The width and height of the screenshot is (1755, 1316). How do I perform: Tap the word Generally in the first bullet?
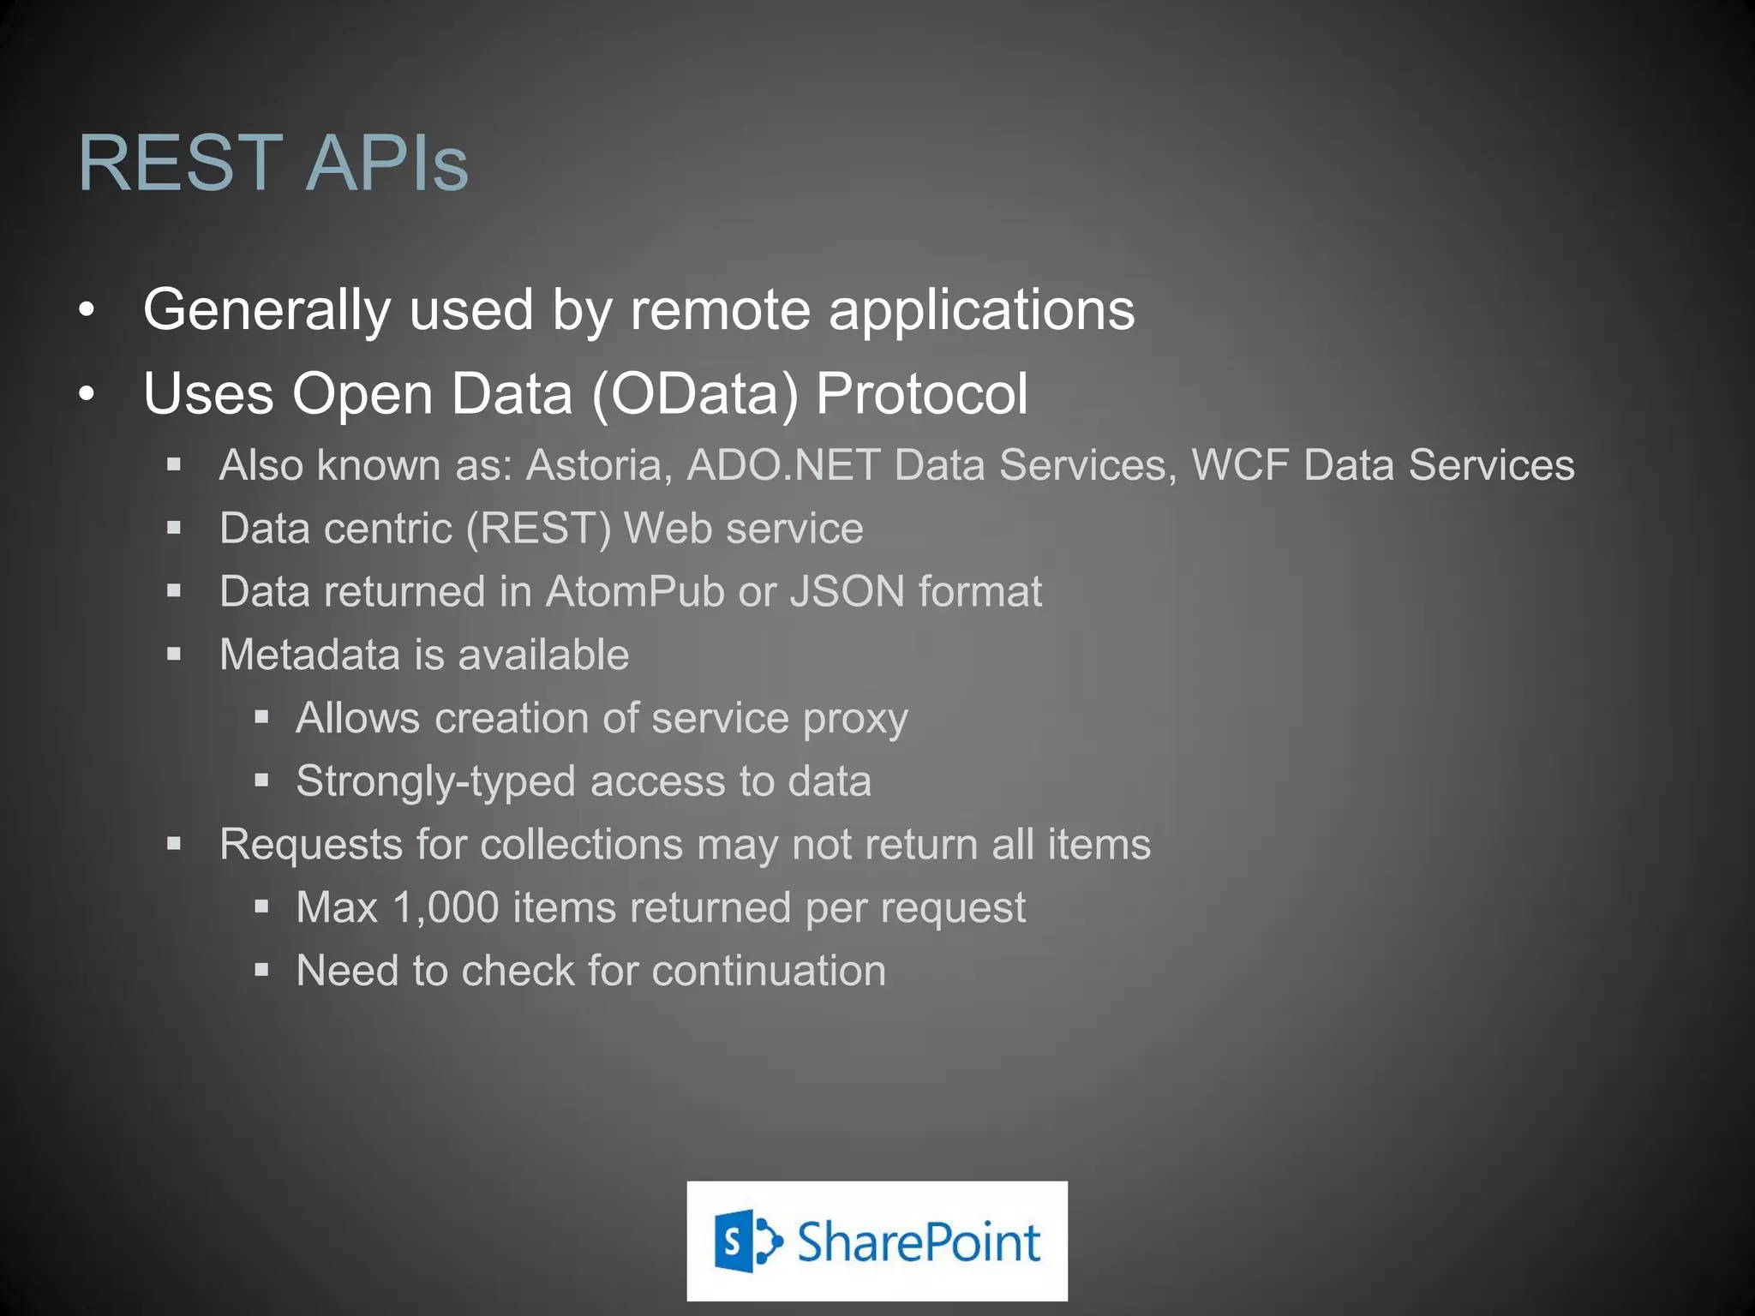pos(266,310)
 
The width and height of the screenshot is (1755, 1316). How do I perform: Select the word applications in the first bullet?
pos(981,310)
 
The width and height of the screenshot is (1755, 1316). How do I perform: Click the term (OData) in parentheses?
pos(695,394)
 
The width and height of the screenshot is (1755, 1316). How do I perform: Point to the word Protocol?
pos(921,394)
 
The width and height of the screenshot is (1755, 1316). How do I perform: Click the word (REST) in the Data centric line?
pos(538,529)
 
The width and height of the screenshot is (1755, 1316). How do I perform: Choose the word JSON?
pos(847,592)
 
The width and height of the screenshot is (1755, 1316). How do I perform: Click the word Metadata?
pos(309,655)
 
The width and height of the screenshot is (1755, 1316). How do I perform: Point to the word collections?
pos(581,845)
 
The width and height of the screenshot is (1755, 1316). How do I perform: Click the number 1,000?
pos(446,908)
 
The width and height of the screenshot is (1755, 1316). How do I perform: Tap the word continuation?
pos(769,972)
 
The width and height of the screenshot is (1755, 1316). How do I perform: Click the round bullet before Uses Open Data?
pos(86,395)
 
